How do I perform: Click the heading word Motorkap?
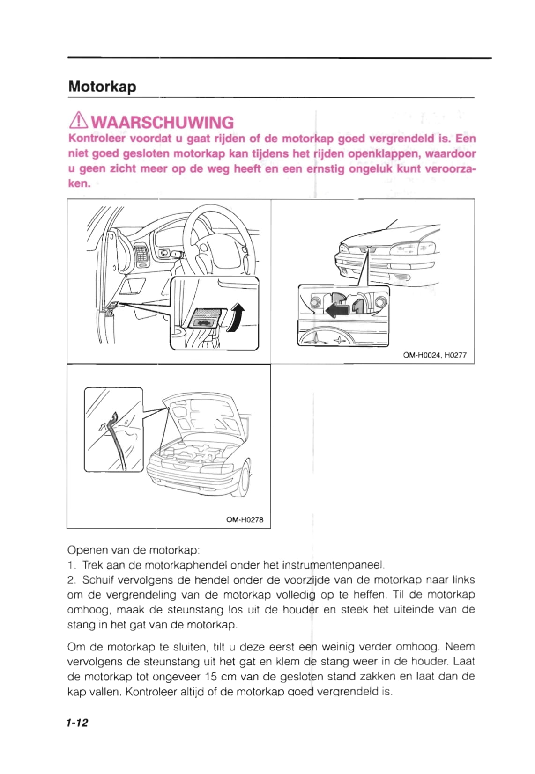102,87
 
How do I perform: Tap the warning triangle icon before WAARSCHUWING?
78,122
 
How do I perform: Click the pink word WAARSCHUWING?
162,122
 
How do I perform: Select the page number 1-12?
77,723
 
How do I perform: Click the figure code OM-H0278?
244,519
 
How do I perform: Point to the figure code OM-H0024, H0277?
434,355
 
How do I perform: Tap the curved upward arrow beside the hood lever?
237,317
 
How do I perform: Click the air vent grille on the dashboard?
141,254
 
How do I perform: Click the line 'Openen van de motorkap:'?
134,550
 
